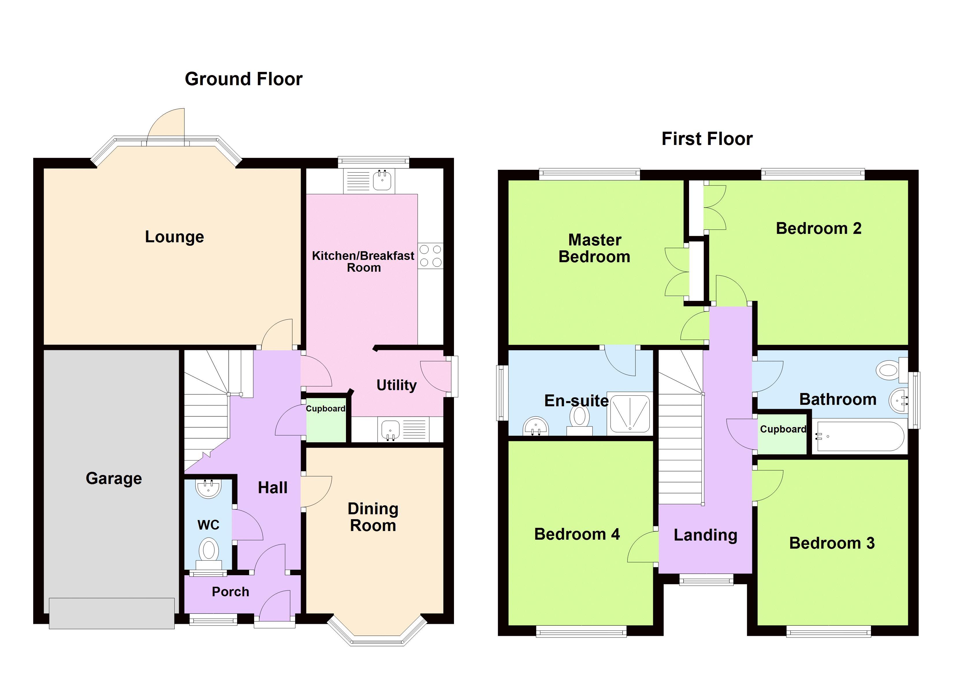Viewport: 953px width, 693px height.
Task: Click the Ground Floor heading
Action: [244, 79]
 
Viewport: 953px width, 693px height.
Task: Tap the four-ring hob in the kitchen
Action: [431, 256]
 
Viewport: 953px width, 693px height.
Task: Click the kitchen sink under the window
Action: [382, 180]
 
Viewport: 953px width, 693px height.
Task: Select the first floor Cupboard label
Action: [783, 429]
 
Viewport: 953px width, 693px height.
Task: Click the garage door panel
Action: [112, 614]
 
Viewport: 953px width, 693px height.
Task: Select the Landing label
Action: [706, 535]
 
